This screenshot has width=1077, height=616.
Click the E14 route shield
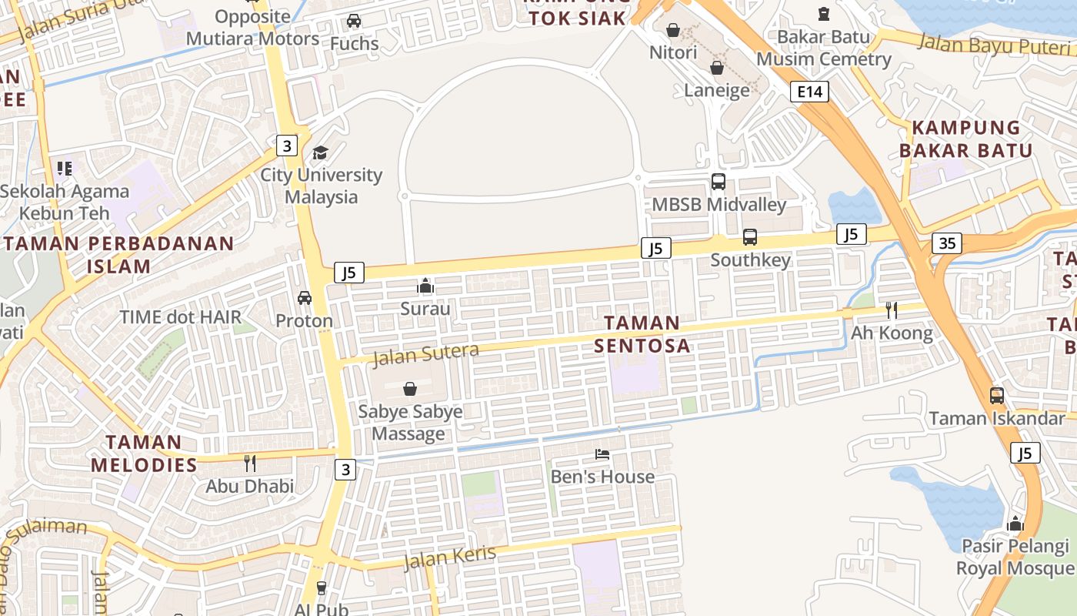tap(810, 92)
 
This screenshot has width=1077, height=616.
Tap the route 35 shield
tap(946, 243)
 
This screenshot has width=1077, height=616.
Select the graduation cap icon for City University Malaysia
tap(320, 152)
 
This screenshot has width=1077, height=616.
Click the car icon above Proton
tap(305, 297)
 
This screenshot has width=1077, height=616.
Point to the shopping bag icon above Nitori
tap(673, 30)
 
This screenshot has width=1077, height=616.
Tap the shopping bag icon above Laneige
tap(717, 68)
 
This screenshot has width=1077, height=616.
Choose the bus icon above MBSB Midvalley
tap(719, 182)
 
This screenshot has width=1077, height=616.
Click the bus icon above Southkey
tap(750, 237)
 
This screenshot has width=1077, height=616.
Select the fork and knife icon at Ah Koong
tap(892, 310)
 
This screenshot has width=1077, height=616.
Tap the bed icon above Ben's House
tap(602, 454)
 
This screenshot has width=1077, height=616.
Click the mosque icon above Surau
tap(425, 286)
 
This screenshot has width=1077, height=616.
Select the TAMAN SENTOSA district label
tap(642, 334)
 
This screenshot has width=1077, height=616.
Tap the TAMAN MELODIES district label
tap(144, 454)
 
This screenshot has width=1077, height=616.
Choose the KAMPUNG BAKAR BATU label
tap(965, 139)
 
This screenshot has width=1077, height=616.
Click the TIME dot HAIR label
tap(181, 316)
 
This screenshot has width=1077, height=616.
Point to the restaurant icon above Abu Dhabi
tap(249, 463)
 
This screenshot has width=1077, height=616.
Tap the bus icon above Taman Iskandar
tap(997, 396)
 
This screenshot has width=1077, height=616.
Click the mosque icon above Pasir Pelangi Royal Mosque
tap(1015, 524)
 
